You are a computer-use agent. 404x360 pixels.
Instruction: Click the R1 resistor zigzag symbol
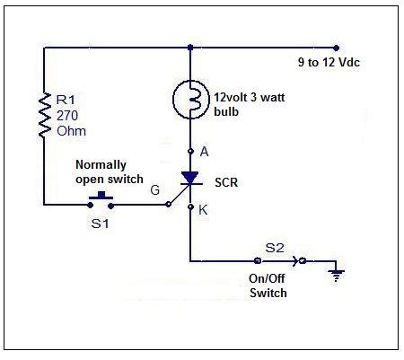[x=42, y=114]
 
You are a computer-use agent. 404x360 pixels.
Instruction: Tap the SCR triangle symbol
[x=190, y=180]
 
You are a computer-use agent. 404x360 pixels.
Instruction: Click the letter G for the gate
[x=154, y=190]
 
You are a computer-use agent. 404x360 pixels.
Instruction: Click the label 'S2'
[x=272, y=246]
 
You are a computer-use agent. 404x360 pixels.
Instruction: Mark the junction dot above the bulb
[x=190, y=47]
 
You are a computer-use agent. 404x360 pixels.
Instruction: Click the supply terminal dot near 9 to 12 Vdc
[x=337, y=47]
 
